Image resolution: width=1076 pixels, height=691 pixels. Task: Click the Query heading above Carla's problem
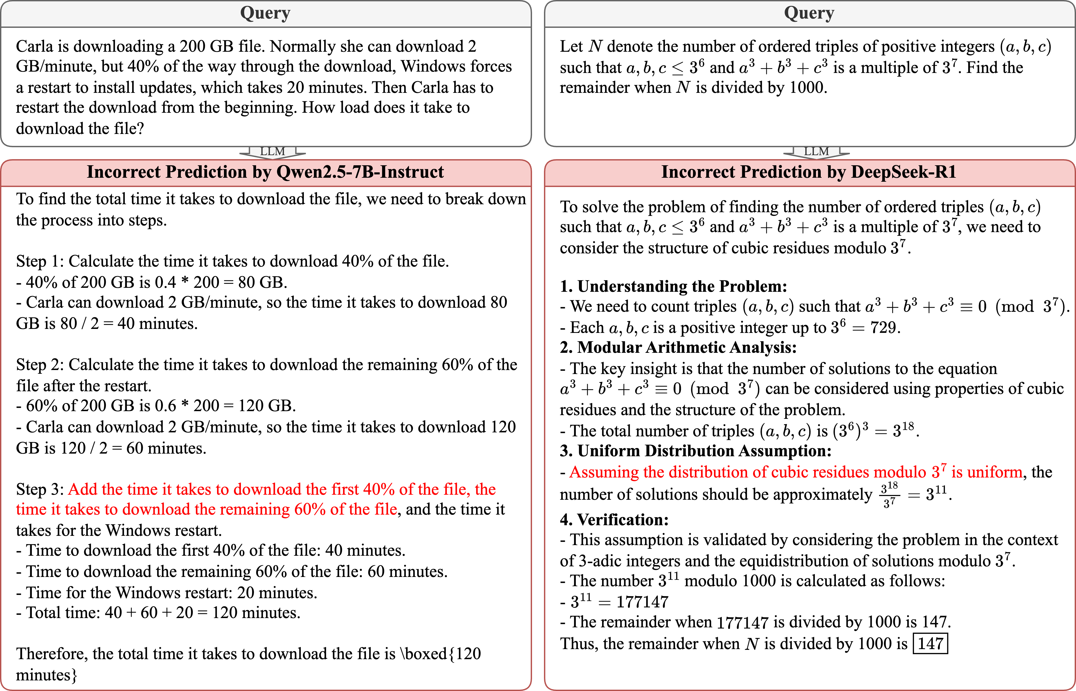point(265,13)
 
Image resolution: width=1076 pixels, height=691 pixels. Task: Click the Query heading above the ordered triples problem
point(809,13)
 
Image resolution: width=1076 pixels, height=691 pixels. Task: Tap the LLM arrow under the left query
point(273,152)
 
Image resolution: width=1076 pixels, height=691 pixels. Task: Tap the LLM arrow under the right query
point(816,152)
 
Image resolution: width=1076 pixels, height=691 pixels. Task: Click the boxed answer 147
point(930,644)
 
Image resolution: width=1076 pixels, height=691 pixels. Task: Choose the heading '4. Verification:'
point(614,520)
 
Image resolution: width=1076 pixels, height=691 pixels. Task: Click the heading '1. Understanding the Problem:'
point(673,286)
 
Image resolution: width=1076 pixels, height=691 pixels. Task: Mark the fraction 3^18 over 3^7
point(889,494)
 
